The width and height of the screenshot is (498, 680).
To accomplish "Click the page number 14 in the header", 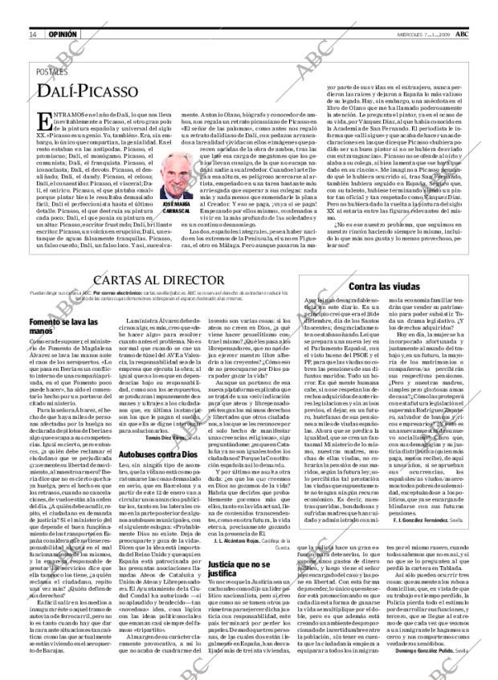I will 33,35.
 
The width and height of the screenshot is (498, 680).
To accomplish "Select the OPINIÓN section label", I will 63,35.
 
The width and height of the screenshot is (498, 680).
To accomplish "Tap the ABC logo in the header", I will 463,35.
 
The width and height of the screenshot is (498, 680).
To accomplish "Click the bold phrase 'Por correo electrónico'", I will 96,294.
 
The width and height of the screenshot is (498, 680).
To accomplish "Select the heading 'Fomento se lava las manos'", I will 61,327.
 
